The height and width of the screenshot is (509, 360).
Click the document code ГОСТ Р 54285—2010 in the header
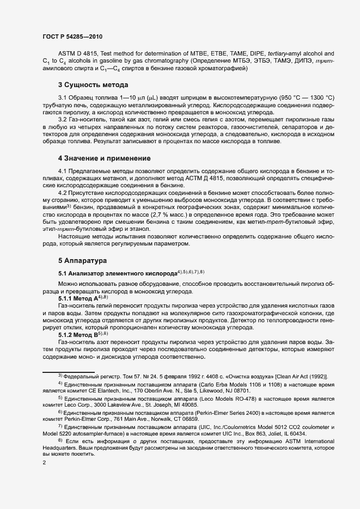72,36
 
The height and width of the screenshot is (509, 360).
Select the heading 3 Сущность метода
93,85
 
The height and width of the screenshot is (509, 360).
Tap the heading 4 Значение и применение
104,158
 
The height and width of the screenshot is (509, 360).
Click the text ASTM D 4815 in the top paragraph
77,54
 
